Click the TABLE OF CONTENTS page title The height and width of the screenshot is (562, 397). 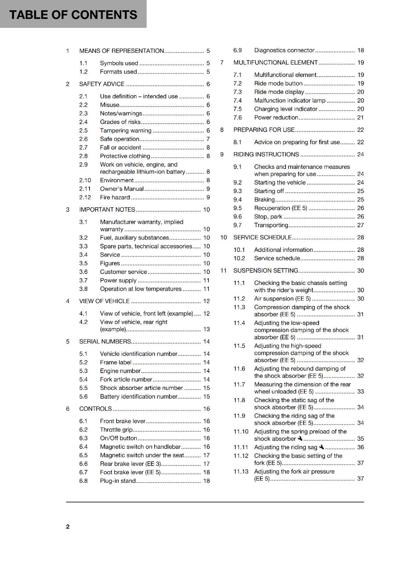click(73, 15)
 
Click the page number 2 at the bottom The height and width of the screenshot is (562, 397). click(68, 527)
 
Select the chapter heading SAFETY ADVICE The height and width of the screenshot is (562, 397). click(102, 84)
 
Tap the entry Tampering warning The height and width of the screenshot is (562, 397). click(125, 131)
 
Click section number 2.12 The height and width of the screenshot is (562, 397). click(85, 197)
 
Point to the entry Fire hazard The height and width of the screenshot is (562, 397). click(115, 197)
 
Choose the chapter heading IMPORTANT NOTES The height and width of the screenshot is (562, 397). click(107, 210)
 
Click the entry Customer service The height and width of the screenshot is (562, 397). click(123, 272)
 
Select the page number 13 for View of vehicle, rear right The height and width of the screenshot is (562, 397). click(207, 329)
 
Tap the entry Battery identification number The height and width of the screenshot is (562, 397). click(138, 397)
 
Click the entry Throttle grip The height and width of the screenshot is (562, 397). click(116, 430)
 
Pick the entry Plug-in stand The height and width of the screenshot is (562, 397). click(118, 481)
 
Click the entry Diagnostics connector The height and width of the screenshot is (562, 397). click(284, 51)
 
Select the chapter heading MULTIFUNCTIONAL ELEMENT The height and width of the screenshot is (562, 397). click(275, 63)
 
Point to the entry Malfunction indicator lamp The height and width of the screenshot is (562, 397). click(290, 100)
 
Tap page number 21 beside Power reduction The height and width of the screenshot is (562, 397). click(360, 118)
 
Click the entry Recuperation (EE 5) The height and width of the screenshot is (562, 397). click(280, 208)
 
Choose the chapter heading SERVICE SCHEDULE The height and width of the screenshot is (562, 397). click(262, 237)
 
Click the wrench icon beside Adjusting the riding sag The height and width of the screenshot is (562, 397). click(321, 447)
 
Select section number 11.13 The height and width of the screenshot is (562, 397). click(241, 471)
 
